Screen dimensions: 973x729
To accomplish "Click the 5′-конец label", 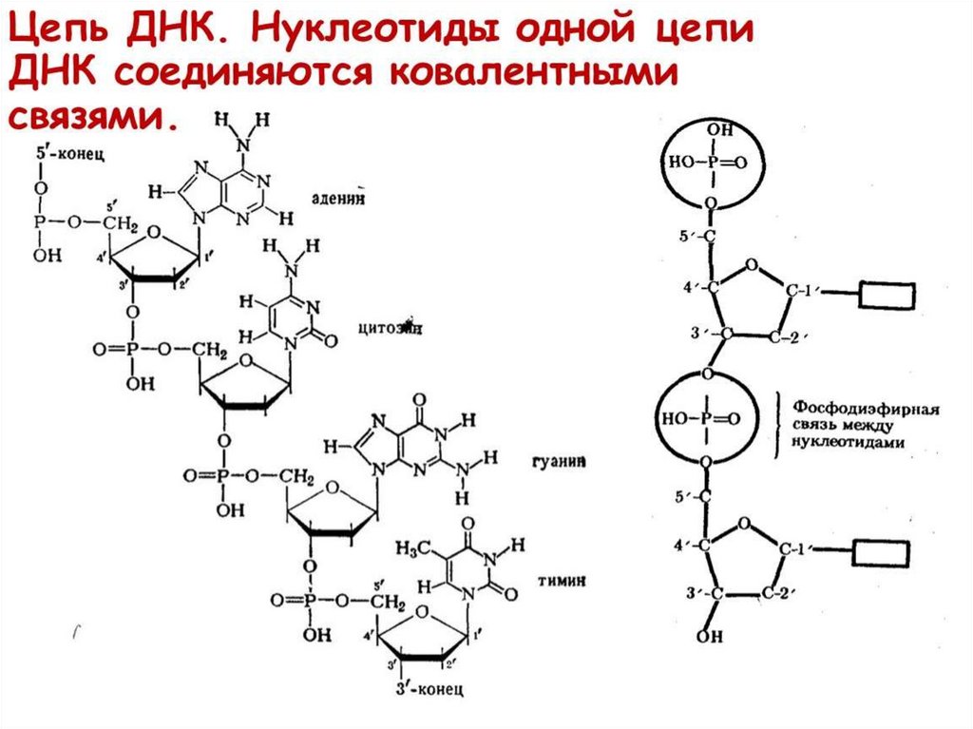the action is click(x=70, y=154).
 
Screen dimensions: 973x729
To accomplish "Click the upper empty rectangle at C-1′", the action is click(x=886, y=295).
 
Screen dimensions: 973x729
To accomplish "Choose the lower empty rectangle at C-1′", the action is click(x=881, y=551).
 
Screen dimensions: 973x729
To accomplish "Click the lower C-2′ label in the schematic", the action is click(x=776, y=592).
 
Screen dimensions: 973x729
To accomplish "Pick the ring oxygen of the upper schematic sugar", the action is click(x=752, y=264).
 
